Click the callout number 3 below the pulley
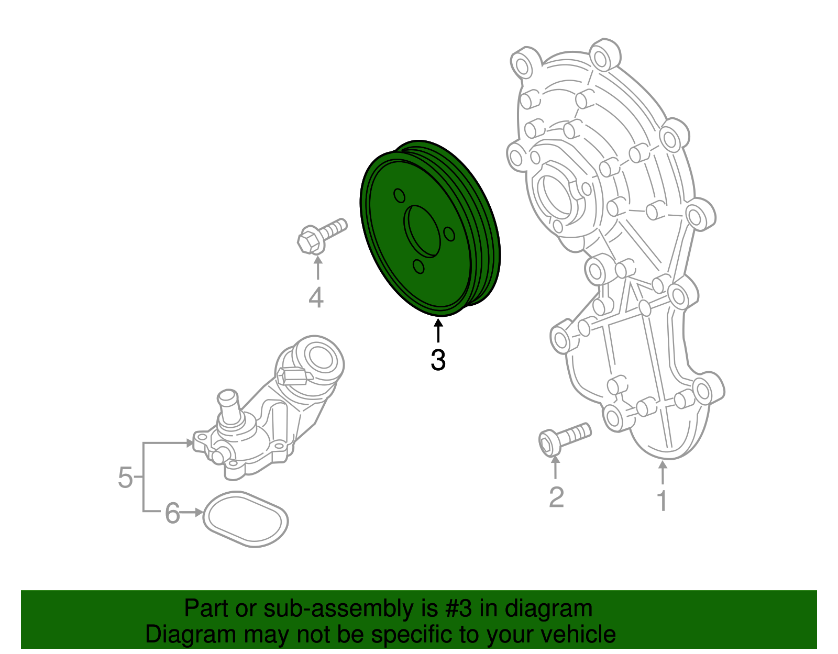(x=438, y=360)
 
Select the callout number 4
(x=316, y=298)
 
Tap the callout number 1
(x=662, y=501)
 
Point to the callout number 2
(x=556, y=497)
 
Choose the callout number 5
(x=125, y=477)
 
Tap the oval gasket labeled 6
(x=245, y=519)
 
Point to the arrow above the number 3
(x=438, y=331)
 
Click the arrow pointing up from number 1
(x=663, y=472)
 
